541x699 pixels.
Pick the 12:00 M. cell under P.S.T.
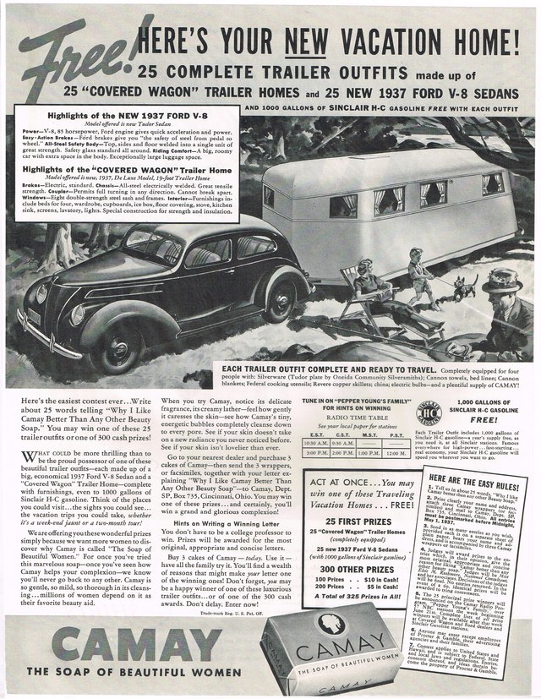tap(396, 456)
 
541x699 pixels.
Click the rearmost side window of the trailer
tap(493, 183)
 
